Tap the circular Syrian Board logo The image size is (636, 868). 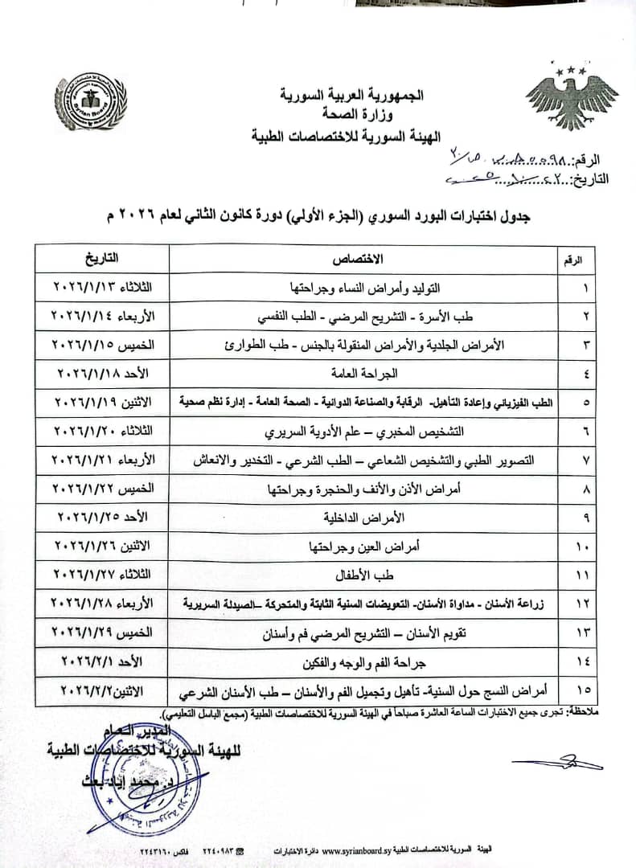[95, 102]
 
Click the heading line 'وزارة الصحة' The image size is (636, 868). [345, 116]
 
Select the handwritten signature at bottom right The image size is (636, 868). [567, 761]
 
